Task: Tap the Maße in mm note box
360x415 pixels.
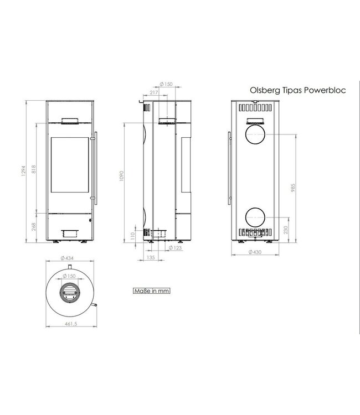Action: coord(150,290)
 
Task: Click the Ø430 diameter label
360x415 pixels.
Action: coord(256,252)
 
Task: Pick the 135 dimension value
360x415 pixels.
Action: coord(150,257)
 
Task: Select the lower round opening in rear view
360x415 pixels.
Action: coord(255,216)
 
